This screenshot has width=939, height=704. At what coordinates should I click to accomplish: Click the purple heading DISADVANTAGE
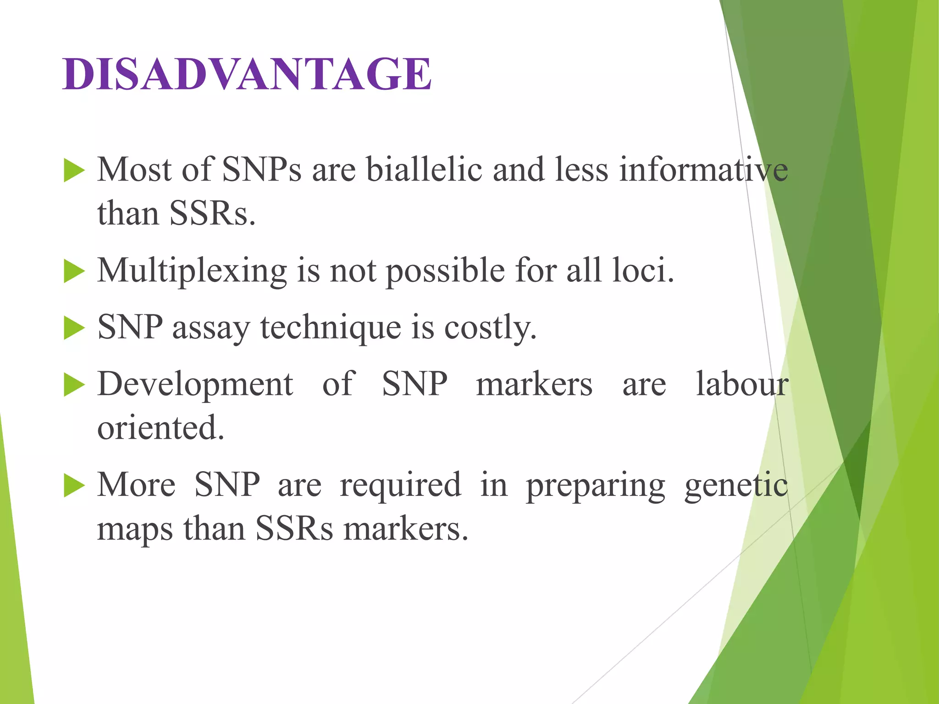tap(247, 74)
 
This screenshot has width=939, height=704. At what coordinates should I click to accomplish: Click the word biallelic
tap(424, 170)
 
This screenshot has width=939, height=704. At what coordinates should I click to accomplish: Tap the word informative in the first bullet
tap(703, 170)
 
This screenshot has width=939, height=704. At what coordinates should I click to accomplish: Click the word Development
tap(195, 384)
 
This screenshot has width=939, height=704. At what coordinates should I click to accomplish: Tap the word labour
tap(742, 384)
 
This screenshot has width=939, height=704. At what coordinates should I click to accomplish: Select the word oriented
tap(160, 428)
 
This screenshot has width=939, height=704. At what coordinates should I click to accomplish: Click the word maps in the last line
tap(135, 529)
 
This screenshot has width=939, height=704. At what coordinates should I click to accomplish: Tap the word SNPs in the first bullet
tap(262, 170)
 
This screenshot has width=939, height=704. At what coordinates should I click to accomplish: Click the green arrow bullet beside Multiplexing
tap(74, 271)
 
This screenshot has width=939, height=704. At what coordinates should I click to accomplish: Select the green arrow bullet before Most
tap(74, 170)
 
